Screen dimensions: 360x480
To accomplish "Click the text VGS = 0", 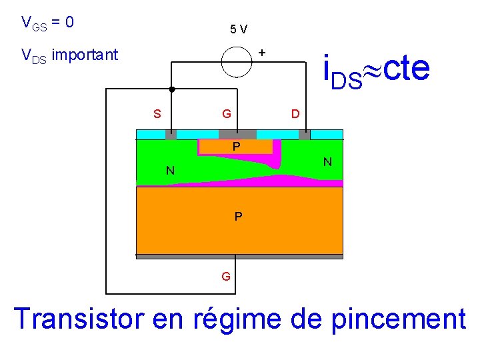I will point(47,23).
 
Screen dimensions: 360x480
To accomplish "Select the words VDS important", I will point(69,55).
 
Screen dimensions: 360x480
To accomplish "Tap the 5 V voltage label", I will point(238,29).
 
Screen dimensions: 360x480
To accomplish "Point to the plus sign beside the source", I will point(262,51).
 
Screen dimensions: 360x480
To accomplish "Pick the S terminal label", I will point(157,113).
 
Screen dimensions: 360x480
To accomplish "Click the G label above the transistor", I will point(227,113).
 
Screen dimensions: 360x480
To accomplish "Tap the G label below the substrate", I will point(227,275).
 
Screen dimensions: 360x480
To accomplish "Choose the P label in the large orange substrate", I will point(238,217).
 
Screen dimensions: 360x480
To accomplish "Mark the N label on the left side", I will point(171,171).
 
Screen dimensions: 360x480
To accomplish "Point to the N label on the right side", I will point(327,162).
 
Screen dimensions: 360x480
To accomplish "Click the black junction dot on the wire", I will point(171,89).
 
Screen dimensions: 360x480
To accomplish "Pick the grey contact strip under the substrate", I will point(239,256).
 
